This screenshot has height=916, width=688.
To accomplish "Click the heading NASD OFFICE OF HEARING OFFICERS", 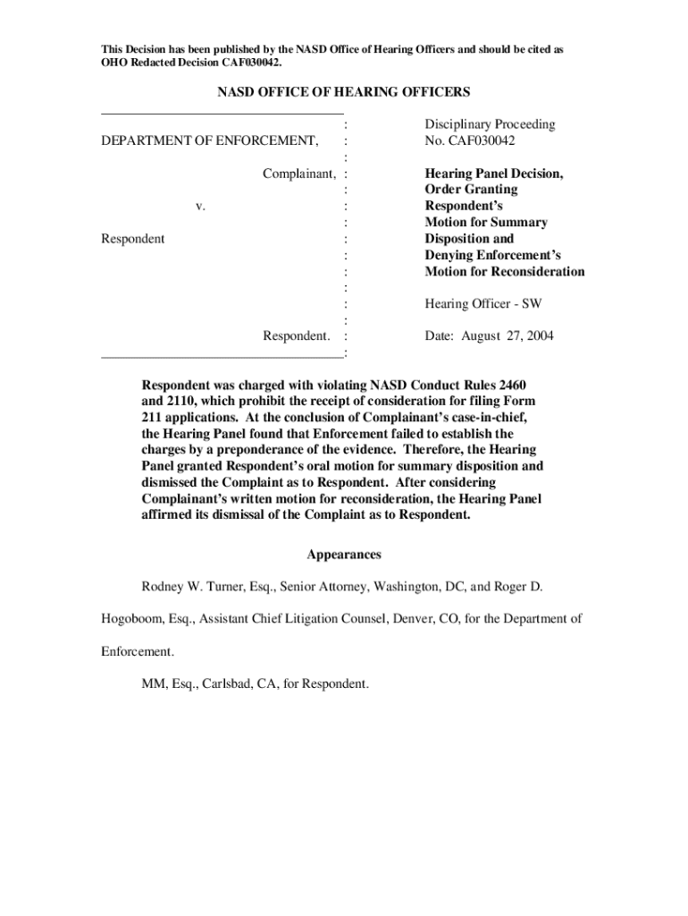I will click(344, 93).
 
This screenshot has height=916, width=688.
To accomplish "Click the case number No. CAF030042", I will click(470, 140).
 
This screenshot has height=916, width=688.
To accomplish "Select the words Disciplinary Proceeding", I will click(490, 124).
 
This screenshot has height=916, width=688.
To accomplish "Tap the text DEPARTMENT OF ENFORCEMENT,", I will click(209, 140).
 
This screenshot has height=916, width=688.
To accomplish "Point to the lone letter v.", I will click(201, 206).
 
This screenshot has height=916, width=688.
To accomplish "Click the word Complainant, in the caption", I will click(299, 174).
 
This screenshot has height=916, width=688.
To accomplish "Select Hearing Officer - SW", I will click(482, 304).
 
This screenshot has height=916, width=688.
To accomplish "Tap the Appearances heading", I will click(344, 555).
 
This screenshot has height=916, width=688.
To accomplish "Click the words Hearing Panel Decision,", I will click(494, 174).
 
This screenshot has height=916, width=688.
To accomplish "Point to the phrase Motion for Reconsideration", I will click(505, 271).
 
